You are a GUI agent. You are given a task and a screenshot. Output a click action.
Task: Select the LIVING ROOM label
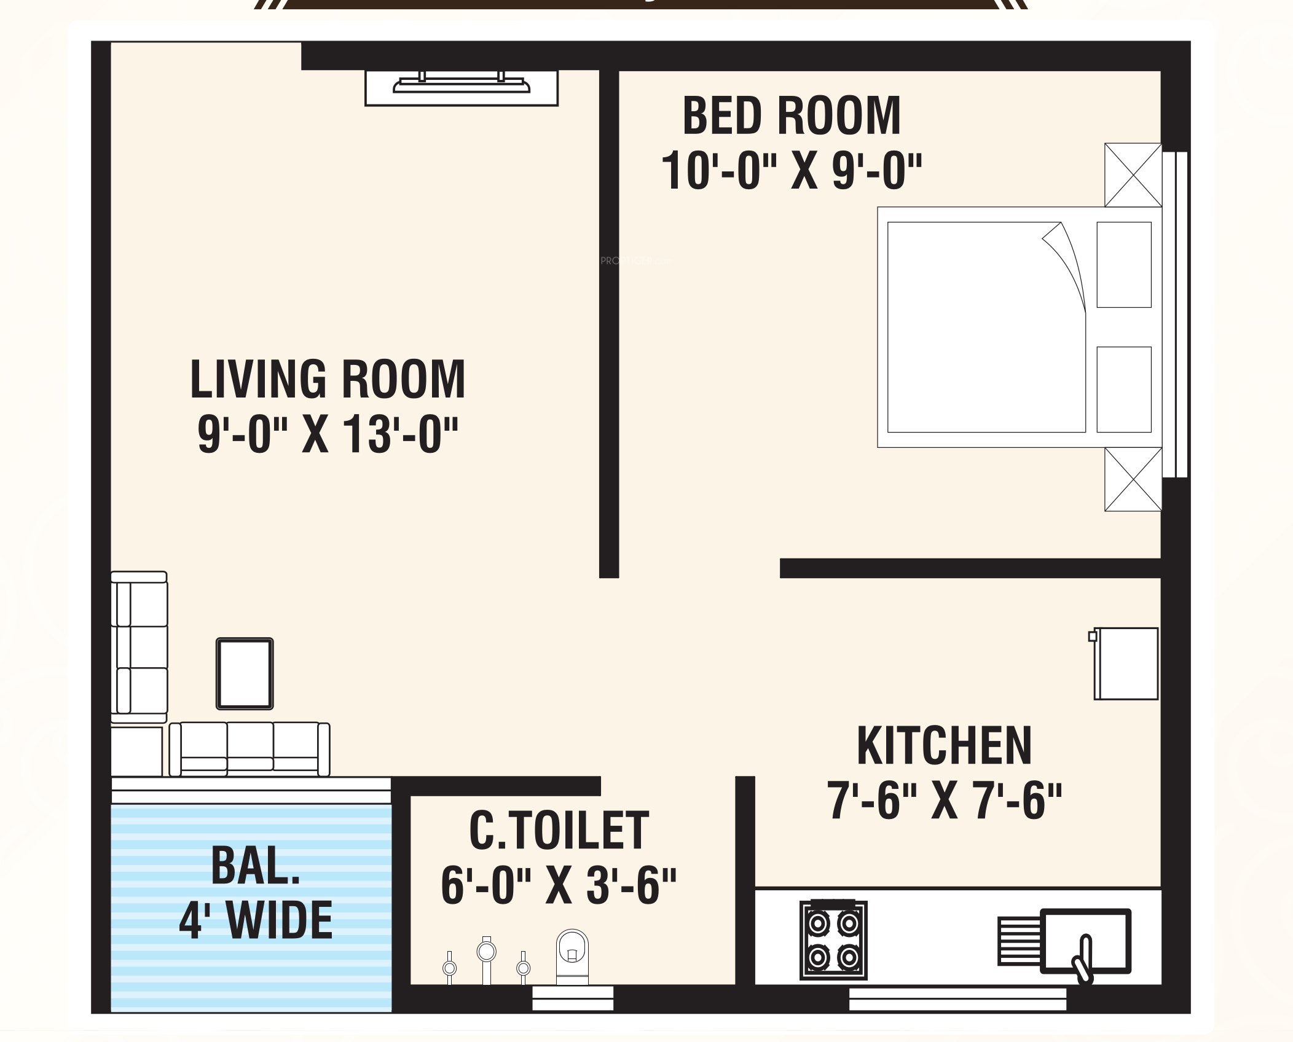pos(328,379)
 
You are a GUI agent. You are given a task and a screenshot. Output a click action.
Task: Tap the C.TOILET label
pos(559,830)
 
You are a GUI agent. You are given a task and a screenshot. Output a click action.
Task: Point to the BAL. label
pos(256,866)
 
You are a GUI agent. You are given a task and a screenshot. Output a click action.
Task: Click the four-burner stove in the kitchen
pos(833,940)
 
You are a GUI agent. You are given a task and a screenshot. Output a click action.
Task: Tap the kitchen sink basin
pos(1085,941)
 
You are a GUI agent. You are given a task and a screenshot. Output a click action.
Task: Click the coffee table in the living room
pos(245,673)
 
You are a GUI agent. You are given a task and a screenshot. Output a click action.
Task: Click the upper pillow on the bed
pos(1124,265)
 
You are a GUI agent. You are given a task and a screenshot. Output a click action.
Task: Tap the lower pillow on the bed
pos(1124,390)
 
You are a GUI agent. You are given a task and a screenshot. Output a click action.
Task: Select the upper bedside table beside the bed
pos(1133,175)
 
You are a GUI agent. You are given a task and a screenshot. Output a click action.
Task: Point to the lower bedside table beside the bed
pos(1133,479)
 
